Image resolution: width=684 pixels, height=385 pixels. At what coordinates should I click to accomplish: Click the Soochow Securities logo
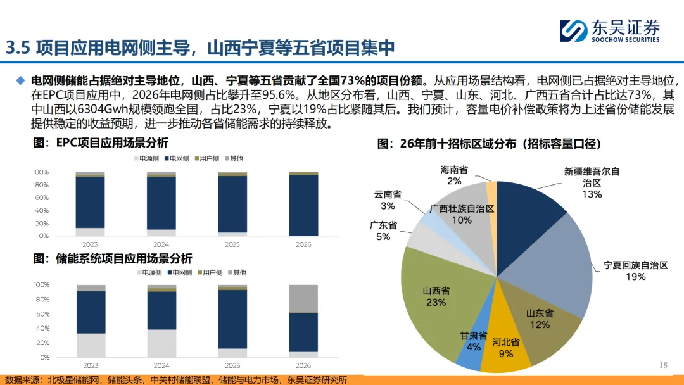(609, 30)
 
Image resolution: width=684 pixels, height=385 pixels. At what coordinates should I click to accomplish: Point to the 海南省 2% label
(454, 175)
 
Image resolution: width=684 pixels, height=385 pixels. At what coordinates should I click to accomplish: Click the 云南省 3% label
(388, 199)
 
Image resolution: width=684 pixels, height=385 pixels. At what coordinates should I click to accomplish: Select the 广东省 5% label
(383, 230)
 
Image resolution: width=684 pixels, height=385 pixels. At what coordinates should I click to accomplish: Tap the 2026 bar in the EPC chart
(303, 204)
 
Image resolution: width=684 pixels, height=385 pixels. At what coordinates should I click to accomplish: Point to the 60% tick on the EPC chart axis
(41, 198)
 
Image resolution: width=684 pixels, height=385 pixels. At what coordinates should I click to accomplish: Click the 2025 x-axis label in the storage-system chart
(232, 365)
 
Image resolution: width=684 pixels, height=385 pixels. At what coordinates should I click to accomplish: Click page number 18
(664, 365)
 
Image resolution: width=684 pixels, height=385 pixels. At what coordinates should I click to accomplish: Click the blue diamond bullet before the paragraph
(21, 80)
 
